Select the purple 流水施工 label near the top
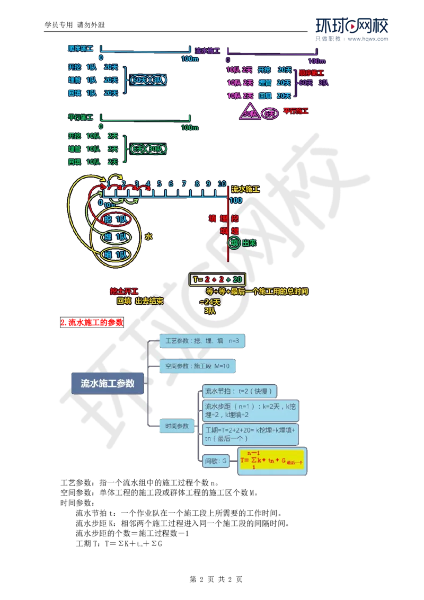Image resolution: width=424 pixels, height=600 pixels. (207, 51)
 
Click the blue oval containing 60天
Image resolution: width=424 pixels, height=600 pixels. (139, 80)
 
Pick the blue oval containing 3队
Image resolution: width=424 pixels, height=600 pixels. (158, 80)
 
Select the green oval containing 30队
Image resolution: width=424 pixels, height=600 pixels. (156, 149)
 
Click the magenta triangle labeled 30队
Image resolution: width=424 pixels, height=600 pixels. (250, 113)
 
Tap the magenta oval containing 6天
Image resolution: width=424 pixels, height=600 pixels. (270, 113)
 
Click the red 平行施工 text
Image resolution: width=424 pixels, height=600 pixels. (296, 111)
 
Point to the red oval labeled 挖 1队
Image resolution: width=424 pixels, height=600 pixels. (116, 219)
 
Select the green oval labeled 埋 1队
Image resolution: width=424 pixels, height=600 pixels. (116, 237)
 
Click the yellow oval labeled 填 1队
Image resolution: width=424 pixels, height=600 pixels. (116, 255)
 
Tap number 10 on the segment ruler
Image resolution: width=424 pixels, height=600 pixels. (222, 184)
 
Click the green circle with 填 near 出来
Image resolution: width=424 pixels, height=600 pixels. (234, 243)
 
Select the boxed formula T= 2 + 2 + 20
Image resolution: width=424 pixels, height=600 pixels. (217, 279)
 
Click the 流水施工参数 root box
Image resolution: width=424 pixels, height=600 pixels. (108, 383)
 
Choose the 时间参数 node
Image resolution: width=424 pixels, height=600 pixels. (176, 426)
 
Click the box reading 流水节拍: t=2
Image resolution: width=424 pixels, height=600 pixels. (238, 392)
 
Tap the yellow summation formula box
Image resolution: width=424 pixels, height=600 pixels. (272, 461)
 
